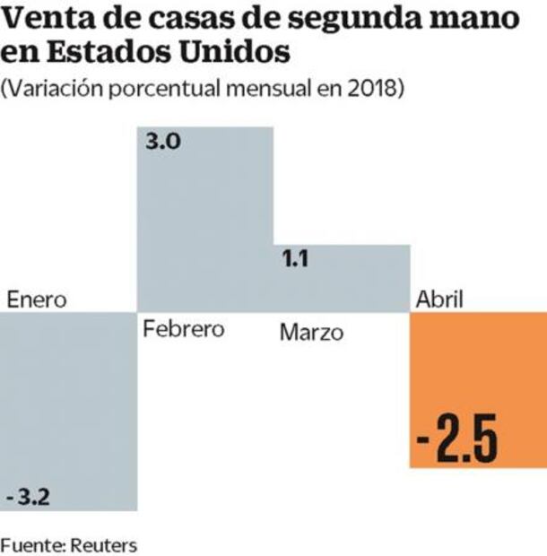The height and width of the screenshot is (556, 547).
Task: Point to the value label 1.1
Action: click(x=295, y=260)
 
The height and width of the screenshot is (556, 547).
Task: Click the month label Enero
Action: click(x=37, y=300)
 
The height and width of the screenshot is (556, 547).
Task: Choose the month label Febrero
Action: click(x=184, y=328)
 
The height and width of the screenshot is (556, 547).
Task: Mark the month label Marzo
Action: click(x=311, y=333)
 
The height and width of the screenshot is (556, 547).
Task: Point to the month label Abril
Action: click(x=439, y=300)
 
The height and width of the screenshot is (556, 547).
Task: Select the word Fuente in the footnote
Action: click(x=28, y=543)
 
